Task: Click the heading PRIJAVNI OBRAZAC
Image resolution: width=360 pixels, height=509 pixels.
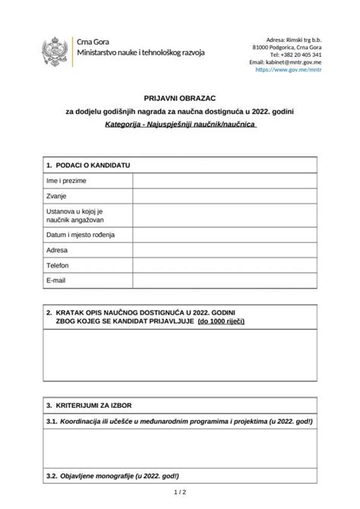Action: (x=180, y=98)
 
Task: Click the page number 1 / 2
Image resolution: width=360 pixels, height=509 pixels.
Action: (x=179, y=498)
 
